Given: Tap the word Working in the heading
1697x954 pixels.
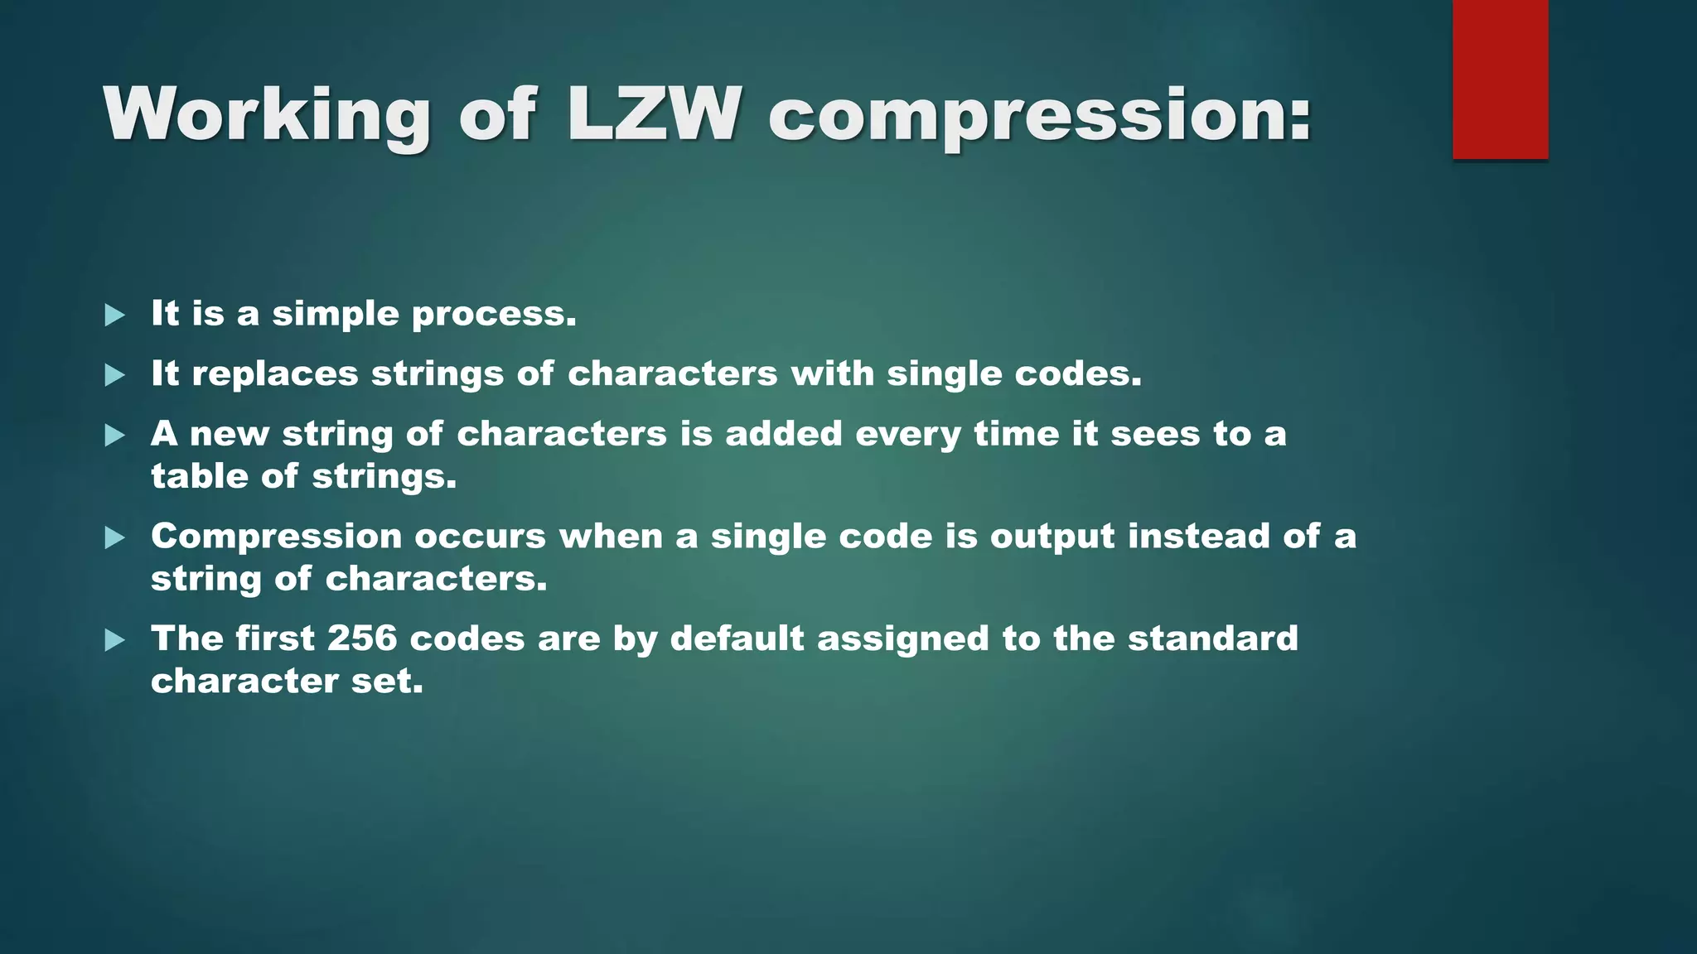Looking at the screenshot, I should click(x=267, y=115).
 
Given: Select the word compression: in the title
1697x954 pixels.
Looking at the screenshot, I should click(x=1040, y=117).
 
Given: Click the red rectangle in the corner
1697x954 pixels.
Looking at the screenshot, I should click(x=1500, y=79).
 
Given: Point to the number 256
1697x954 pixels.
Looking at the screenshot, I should click(x=362, y=638).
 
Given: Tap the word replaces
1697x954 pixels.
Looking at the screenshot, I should click(x=275, y=374).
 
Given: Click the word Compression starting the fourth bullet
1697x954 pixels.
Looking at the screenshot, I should click(x=277, y=537).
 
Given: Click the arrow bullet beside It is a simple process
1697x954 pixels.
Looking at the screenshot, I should click(x=115, y=315).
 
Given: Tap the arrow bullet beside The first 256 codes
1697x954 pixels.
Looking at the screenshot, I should click(x=115, y=639).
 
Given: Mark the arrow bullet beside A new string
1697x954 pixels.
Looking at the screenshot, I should click(x=115, y=435).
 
